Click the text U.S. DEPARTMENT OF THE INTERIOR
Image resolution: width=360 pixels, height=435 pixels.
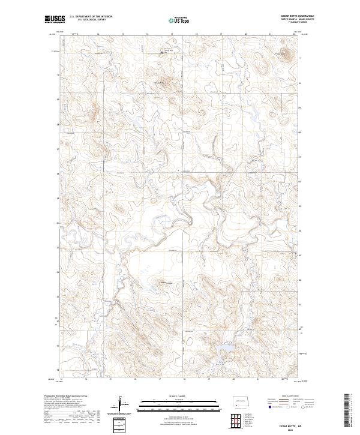coord(91,17)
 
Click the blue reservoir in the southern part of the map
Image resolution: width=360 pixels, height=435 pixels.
coord(227,349)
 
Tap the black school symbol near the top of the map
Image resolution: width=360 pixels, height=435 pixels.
coord(161,53)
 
